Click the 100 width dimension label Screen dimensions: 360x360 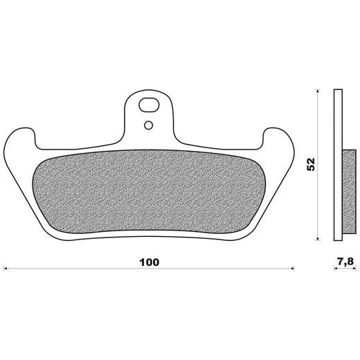coord(150,262)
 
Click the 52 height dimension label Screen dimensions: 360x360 coord(311,164)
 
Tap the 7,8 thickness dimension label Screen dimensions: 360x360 coord(345,262)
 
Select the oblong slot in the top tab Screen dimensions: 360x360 coord(149,105)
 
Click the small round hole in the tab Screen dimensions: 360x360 coord(148,125)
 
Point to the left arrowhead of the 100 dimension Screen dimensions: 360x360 coord(6,269)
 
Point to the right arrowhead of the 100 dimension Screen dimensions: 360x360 coord(292,269)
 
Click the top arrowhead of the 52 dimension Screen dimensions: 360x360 coord(318,91)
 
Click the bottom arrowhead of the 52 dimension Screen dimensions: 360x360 coord(318,238)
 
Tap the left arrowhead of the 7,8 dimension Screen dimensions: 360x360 coord(336,269)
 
